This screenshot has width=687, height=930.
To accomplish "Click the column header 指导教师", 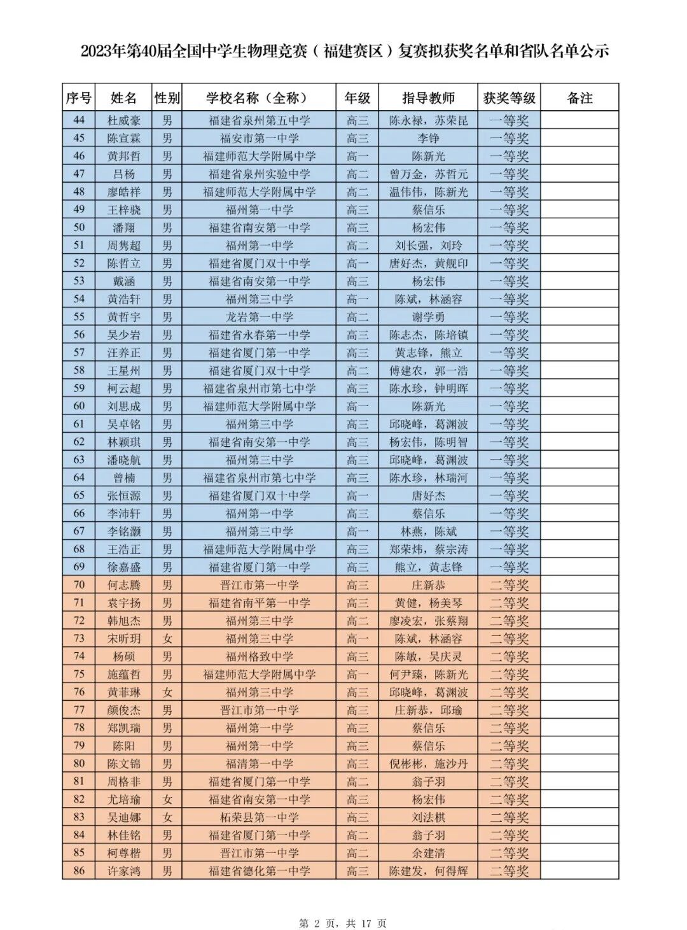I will (x=428, y=98).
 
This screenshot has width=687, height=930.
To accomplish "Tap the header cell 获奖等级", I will (x=509, y=98).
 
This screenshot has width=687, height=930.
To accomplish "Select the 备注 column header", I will (x=579, y=98).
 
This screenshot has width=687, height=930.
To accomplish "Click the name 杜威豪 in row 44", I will (x=124, y=120).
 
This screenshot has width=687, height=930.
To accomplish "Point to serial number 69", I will (x=79, y=567).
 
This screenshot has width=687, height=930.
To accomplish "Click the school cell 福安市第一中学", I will (x=259, y=138).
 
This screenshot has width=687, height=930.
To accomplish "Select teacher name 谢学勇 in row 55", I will (x=428, y=317).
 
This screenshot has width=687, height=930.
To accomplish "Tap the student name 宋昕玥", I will (x=124, y=638).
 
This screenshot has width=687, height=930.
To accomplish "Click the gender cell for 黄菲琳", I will (x=167, y=692).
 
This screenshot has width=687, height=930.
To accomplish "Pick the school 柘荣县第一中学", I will (x=259, y=817).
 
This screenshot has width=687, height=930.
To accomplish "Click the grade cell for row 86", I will (x=357, y=871).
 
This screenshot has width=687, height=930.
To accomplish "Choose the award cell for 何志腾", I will (x=509, y=585).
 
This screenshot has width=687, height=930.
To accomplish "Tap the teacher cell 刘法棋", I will (x=428, y=817).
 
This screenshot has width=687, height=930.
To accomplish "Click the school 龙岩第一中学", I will (x=259, y=317).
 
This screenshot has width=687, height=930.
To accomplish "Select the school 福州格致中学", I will (x=259, y=656).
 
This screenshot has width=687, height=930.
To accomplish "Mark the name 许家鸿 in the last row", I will (x=124, y=871).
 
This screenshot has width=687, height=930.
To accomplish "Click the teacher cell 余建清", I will (x=428, y=853).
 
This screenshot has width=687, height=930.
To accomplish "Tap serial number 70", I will (x=79, y=585).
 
